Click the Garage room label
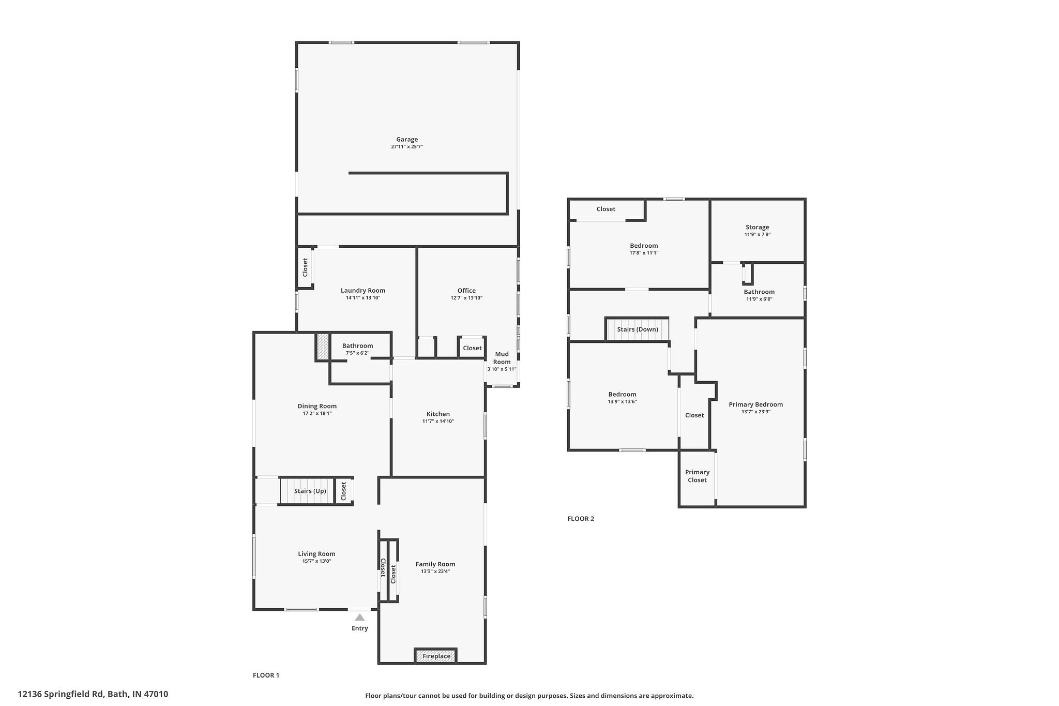click(x=407, y=139)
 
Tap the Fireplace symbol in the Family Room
click(x=436, y=656)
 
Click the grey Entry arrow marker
click(x=360, y=617)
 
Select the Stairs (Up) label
click(x=310, y=491)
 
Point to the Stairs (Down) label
click(x=638, y=329)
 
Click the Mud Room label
click(x=502, y=358)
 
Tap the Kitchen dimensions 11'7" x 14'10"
click(x=438, y=422)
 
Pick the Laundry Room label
click(x=363, y=291)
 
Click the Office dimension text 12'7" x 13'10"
click(x=466, y=298)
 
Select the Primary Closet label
click(x=697, y=476)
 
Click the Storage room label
click(x=758, y=227)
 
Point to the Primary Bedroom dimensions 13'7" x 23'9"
click(x=756, y=412)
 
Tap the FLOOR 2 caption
click(x=581, y=519)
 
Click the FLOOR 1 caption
click(x=266, y=675)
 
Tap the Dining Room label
click(x=317, y=406)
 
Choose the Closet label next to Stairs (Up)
click(x=343, y=491)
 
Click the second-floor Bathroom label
click(x=759, y=292)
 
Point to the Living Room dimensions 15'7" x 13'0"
click(x=316, y=561)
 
